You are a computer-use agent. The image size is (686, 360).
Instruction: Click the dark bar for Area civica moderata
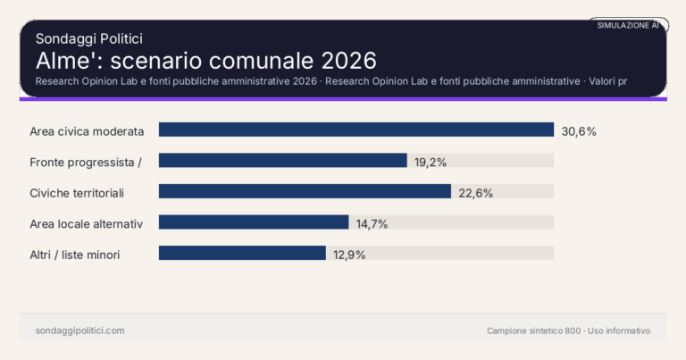[356, 130]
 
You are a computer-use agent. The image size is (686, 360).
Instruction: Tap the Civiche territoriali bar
[305, 191]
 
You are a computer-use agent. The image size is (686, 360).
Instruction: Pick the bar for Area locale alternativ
[254, 222]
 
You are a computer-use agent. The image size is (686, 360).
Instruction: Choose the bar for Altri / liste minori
[242, 253]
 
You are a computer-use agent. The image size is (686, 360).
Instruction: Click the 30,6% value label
[578, 130]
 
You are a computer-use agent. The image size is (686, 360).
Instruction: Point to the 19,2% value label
[430, 162]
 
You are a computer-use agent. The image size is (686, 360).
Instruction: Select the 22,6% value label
[475, 192]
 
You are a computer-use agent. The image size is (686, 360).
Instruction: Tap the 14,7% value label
[372, 223]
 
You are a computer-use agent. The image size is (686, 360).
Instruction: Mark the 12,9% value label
[348, 254]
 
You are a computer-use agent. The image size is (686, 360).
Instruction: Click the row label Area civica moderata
[87, 130]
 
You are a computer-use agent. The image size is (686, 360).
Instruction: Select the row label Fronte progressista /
[87, 162]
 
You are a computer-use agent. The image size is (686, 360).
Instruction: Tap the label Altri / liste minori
[75, 254]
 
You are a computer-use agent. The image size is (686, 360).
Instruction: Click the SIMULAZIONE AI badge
[628, 26]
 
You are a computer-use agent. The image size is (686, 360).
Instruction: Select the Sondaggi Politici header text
[89, 38]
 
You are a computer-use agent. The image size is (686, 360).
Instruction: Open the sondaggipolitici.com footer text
[79, 331]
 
